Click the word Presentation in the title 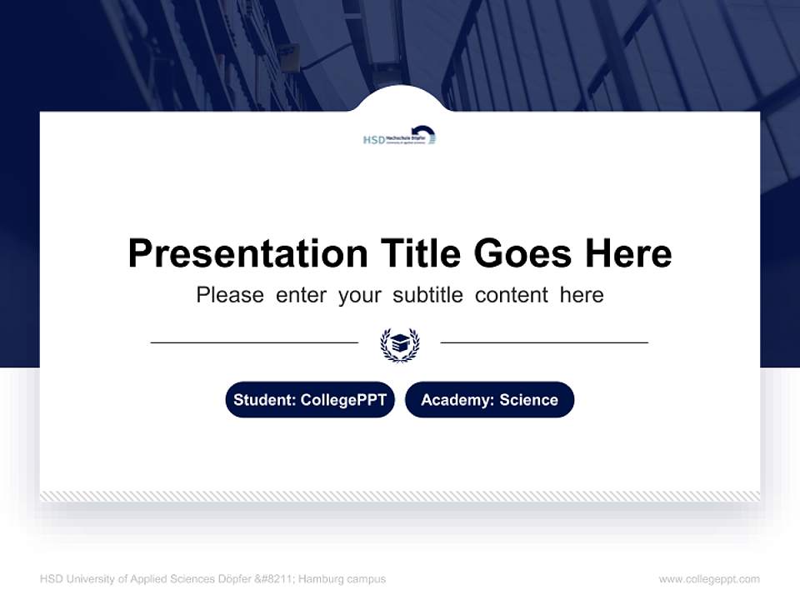click(x=247, y=253)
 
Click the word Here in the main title click(x=627, y=253)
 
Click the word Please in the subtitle click(x=230, y=295)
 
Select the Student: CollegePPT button click(x=310, y=400)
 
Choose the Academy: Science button click(x=489, y=400)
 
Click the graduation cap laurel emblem click(x=400, y=343)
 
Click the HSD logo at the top click(x=400, y=137)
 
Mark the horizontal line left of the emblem click(x=254, y=342)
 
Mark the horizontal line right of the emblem click(x=544, y=342)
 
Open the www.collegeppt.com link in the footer click(x=709, y=579)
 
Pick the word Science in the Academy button click(x=528, y=400)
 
